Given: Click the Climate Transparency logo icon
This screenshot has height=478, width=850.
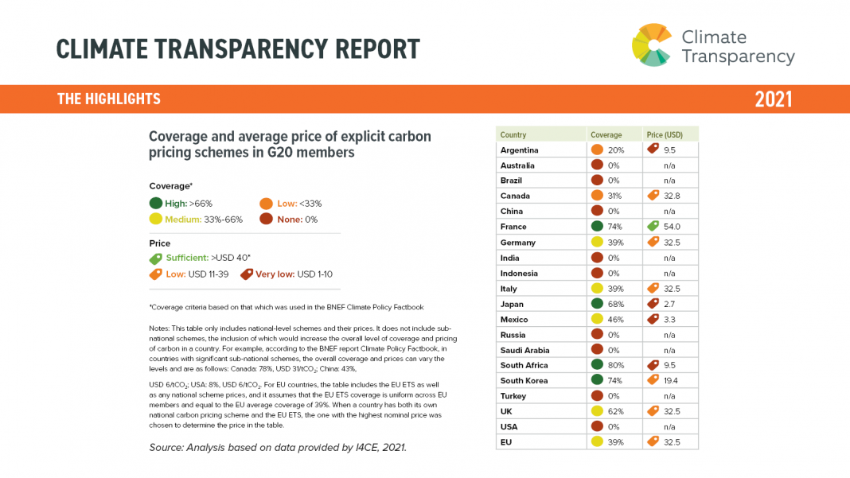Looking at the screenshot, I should pos(652,45).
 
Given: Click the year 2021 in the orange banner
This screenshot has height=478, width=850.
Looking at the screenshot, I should pos(773,99).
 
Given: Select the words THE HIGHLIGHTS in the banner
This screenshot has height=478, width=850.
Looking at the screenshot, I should pos(109,99).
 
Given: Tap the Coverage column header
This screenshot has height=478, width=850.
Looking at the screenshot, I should pos(605,134).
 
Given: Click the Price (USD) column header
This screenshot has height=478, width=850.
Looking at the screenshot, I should pos(665,134).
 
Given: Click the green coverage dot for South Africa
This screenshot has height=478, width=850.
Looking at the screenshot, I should pos(597,365).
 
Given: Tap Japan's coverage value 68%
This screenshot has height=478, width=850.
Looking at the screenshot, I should pos(616,304).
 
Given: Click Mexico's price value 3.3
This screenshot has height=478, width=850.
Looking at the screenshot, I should pos(670,319).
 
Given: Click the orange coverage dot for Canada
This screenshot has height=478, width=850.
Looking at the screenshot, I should pos(597,196).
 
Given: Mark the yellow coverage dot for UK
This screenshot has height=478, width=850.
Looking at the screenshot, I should pos(597,411).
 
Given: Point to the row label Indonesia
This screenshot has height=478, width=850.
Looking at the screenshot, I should pos(519,273).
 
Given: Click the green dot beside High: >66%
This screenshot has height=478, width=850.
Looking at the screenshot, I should pos(156,204).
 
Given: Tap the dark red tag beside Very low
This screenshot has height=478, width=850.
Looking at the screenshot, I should pos(246,274).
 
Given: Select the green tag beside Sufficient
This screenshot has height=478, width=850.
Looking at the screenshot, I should pos(156,258).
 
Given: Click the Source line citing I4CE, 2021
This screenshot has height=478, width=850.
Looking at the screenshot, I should pos(278,448).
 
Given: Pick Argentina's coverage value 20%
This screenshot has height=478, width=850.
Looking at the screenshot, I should pos(616,150).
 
